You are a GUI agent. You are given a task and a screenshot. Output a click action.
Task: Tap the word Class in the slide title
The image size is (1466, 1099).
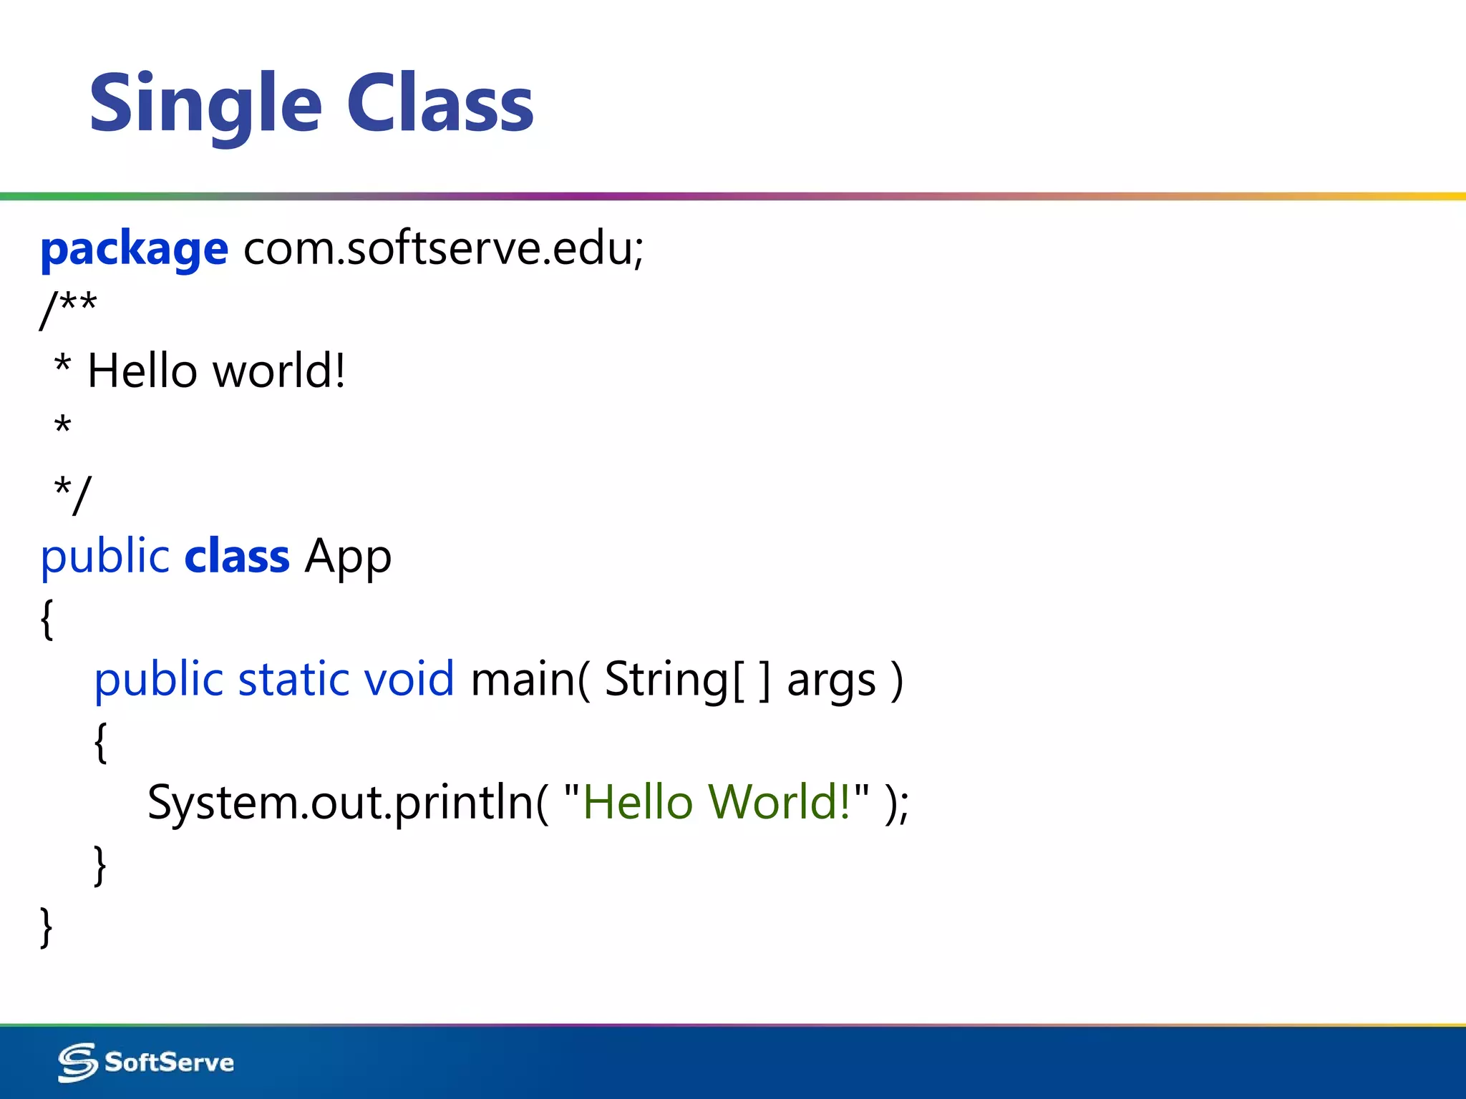pos(440,104)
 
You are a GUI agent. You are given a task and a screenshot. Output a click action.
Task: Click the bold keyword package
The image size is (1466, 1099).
pos(134,250)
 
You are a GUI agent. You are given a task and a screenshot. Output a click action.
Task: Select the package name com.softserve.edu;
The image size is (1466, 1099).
pos(444,248)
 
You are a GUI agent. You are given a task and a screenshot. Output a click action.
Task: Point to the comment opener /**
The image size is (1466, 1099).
pos(69,308)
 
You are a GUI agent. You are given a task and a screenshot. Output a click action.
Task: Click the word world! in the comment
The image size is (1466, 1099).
pos(280,371)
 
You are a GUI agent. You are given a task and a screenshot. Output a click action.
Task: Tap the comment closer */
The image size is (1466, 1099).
pos(72,493)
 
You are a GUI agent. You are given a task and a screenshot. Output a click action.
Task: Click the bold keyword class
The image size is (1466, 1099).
pos(237,557)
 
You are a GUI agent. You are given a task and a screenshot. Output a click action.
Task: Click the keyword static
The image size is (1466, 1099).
pos(293,679)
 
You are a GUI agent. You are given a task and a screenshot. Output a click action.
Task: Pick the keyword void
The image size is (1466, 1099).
pos(409,679)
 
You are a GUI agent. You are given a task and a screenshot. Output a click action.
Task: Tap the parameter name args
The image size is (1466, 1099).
pos(831,680)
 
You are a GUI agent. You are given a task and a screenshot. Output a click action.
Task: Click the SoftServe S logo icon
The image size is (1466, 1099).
pos(77,1062)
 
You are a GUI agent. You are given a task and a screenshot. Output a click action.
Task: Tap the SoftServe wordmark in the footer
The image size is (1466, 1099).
pos(169,1063)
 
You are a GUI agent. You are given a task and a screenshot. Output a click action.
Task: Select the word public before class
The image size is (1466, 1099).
pos(105,557)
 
